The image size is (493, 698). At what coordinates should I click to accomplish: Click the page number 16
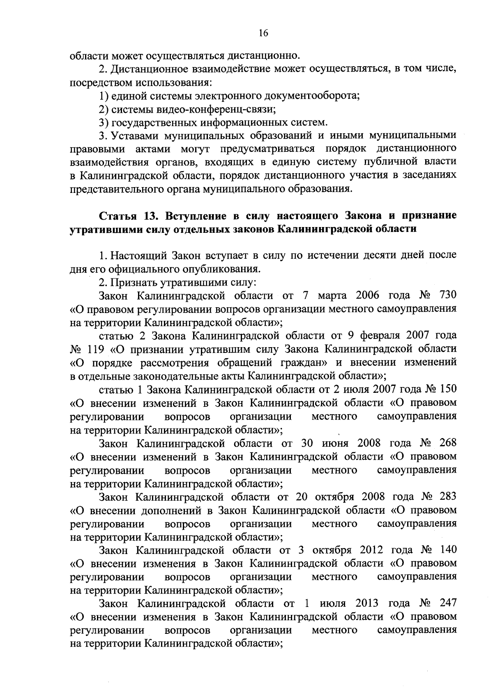tap(263, 33)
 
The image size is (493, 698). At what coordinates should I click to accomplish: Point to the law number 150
tap(448, 389)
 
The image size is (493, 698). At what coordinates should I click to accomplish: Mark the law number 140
tap(448, 550)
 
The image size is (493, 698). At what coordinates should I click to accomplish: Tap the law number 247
tap(448, 603)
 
